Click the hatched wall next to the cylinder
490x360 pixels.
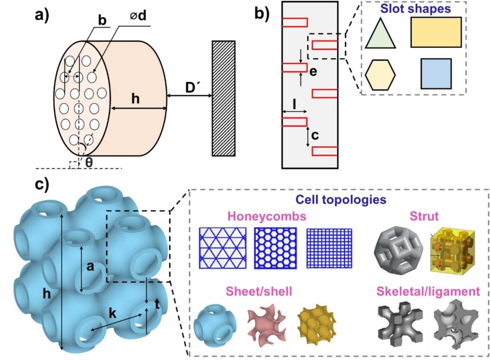[223, 98]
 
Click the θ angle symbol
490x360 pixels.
[89, 162]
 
